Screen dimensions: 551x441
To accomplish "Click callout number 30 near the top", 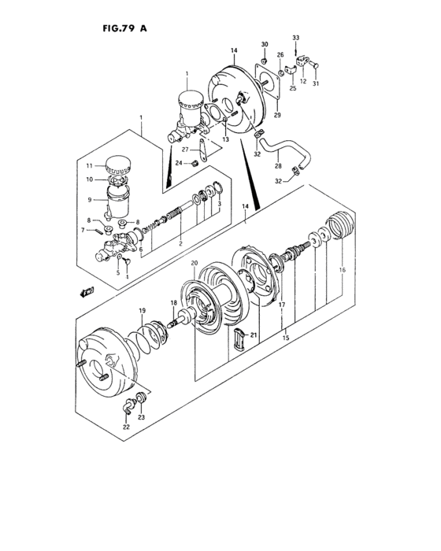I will pyautogui.click(x=265, y=44).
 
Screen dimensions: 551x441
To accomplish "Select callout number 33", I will pyautogui.click(x=296, y=38).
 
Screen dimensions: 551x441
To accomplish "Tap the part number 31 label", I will pyautogui.click(x=316, y=84).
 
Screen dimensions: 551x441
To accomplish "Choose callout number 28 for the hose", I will pyautogui.click(x=277, y=167).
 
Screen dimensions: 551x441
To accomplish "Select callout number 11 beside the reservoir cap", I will pyautogui.click(x=89, y=165).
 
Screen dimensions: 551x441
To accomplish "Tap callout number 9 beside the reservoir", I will pyautogui.click(x=90, y=199).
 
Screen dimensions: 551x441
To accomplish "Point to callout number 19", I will pyautogui.click(x=143, y=311).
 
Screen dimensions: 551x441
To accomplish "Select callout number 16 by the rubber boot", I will pyautogui.click(x=342, y=270).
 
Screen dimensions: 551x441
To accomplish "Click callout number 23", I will pyautogui.click(x=142, y=417).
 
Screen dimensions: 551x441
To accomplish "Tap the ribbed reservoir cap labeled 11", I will pyautogui.click(x=118, y=165).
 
